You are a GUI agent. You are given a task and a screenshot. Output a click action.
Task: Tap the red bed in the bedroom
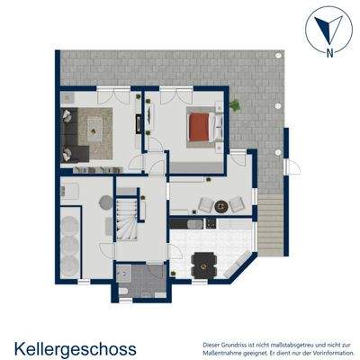[200, 129]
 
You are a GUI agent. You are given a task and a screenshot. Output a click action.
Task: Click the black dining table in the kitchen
[206, 263]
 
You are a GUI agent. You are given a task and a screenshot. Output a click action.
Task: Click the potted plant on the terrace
[235, 105]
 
